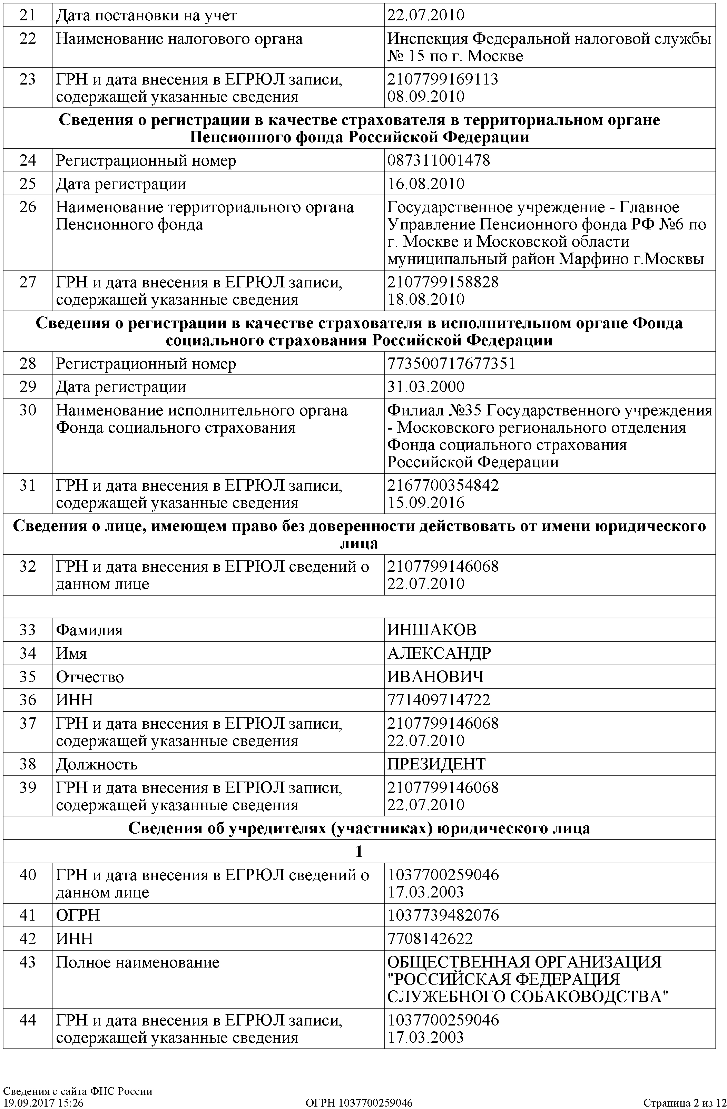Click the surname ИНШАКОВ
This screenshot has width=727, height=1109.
(x=432, y=630)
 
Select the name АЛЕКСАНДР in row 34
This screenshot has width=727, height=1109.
(x=439, y=653)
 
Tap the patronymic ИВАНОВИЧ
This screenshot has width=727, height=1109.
(x=435, y=677)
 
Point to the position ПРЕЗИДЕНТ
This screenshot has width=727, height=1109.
(x=436, y=764)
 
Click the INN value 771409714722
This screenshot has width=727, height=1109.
(x=439, y=700)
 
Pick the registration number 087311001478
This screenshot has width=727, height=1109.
(x=439, y=160)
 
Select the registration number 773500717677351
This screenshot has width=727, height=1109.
(x=451, y=363)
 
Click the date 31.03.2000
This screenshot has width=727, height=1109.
(x=426, y=387)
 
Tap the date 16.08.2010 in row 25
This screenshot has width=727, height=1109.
(x=426, y=184)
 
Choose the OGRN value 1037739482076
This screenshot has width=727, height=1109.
(x=443, y=915)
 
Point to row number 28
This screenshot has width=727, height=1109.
(x=28, y=363)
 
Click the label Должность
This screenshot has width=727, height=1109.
(x=97, y=764)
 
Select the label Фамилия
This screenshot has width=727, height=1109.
(x=89, y=630)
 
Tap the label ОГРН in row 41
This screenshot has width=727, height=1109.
(x=78, y=915)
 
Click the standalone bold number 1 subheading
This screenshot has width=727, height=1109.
(x=359, y=851)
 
